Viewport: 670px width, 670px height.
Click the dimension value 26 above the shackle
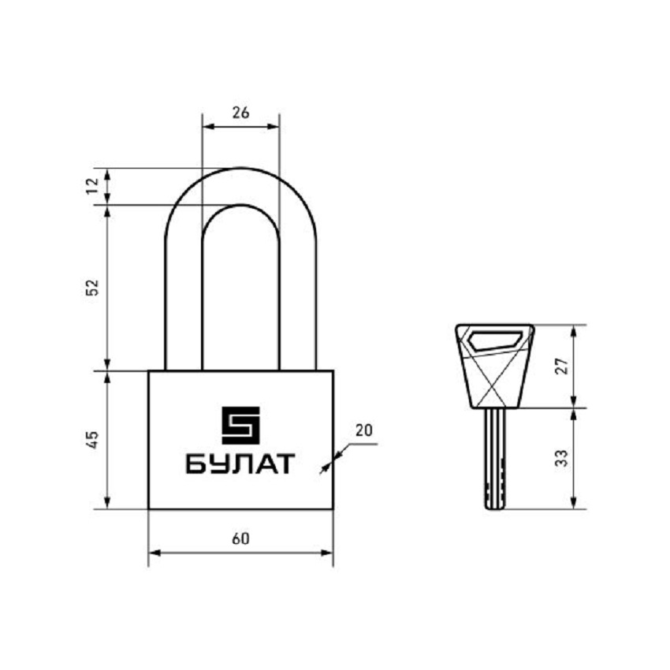coord(240,113)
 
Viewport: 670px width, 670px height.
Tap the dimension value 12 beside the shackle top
coord(92,186)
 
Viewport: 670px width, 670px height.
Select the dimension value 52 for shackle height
coord(92,287)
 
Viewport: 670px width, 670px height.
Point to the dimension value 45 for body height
coord(92,440)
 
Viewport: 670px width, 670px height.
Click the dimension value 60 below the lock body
coord(240,539)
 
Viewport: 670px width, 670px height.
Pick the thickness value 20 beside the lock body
coord(364,430)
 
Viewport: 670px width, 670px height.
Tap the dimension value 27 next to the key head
coord(562,367)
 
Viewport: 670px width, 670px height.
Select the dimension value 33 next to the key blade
coord(562,458)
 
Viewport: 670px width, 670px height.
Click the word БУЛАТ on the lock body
coord(240,463)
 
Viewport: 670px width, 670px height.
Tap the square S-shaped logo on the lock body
coord(240,425)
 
